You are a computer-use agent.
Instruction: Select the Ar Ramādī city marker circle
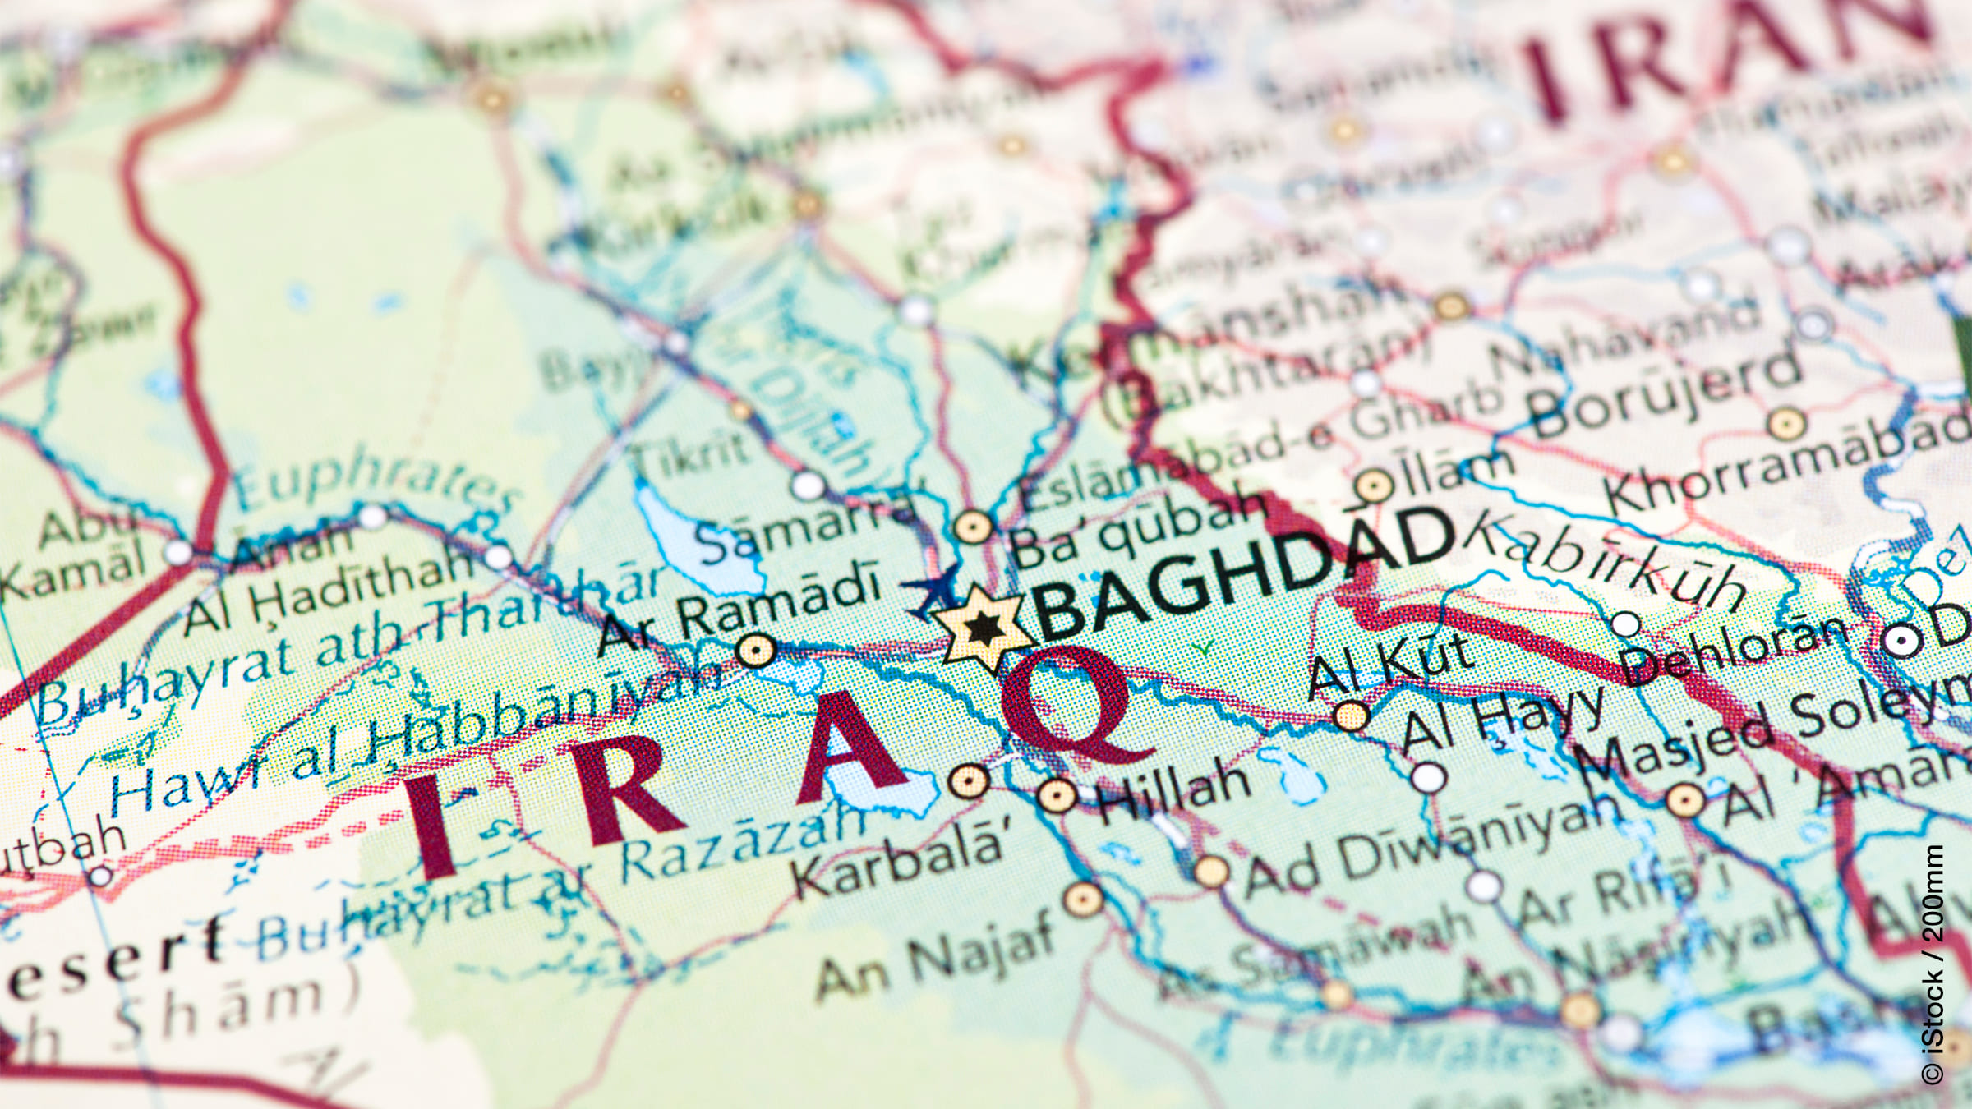[x=756, y=651]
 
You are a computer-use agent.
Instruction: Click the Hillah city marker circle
[x=1057, y=795]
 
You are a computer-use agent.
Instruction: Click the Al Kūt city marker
[x=1351, y=716]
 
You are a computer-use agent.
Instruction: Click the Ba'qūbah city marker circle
[x=973, y=526]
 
